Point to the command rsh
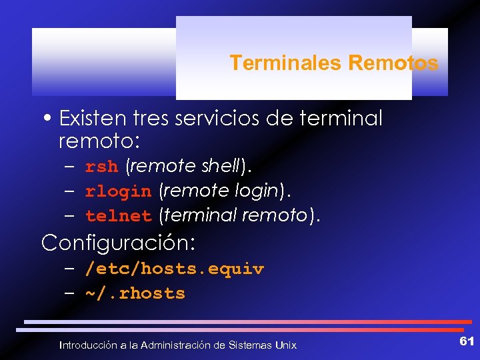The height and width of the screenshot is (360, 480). (x=101, y=167)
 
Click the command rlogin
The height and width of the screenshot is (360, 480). (x=119, y=192)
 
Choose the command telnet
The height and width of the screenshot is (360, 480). (x=119, y=216)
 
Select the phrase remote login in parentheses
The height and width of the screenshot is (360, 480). (x=221, y=191)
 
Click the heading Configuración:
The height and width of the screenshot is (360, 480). (x=118, y=243)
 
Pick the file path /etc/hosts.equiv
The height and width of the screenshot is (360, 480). (x=174, y=269)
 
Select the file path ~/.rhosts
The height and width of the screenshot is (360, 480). (x=135, y=293)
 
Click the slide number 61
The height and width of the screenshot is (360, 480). (x=467, y=341)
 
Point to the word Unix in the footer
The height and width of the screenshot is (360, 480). (x=285, y=345)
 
